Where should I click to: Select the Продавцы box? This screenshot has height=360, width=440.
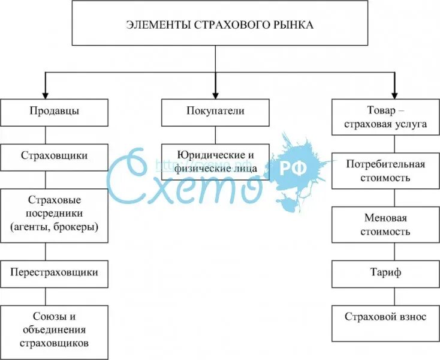coord(54,112)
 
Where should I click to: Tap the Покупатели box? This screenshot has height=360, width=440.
coord(215,112)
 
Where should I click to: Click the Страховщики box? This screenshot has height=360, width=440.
coord(54,156)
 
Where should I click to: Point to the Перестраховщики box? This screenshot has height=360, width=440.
coord(54,272)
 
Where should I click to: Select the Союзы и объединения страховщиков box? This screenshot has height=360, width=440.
coord(54,329)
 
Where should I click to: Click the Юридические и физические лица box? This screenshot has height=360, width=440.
coord(215,162)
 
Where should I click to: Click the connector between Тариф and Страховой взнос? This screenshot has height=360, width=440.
coord(394,296)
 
